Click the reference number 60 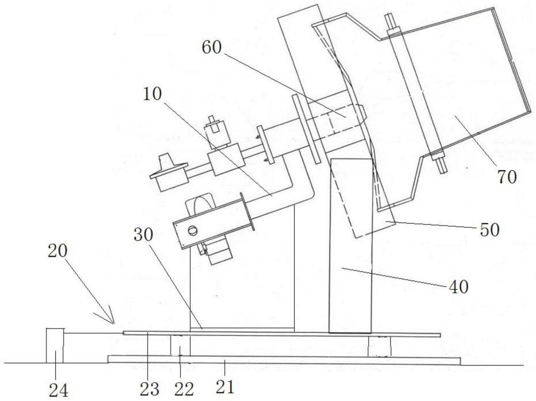point(212,48)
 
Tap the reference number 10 point(152,94)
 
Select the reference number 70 point(507,177)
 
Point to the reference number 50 point(490,230)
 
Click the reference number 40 point(458,287)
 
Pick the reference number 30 point(144,234)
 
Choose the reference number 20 point(57,251)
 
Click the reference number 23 point(150,389)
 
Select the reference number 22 point(184,389)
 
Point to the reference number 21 point(225,387)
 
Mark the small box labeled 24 point(55,345)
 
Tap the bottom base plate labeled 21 point(284,360)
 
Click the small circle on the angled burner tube point(193,231)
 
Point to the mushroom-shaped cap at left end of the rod point(169,173)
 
